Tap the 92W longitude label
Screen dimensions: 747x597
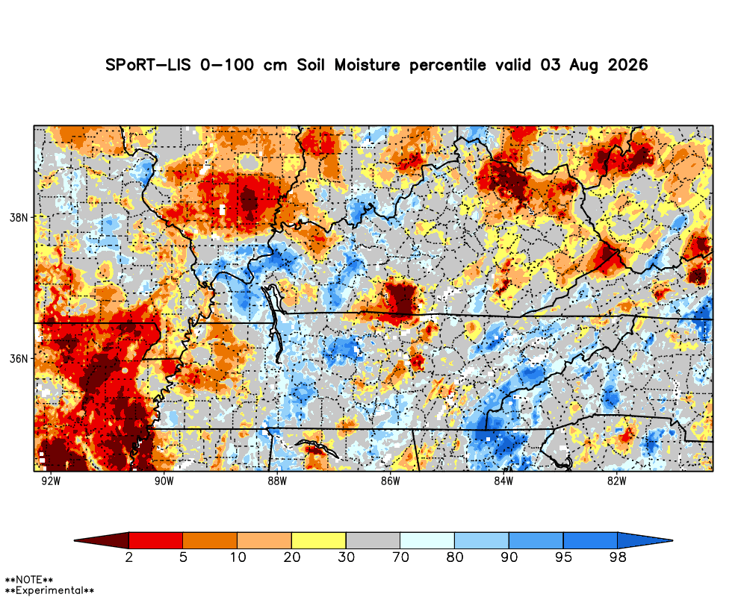(x=51, y=481)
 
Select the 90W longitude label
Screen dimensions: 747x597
(x=164, y=481)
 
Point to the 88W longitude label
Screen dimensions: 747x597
(x=277, y=481)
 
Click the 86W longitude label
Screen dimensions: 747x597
(x=390, y=481)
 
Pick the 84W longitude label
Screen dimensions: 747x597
(x=503, y=481)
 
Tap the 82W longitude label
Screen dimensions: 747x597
(x=616, y=481)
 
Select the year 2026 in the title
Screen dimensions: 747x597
(x=628, y=65)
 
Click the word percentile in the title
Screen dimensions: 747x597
(x=447, y=65)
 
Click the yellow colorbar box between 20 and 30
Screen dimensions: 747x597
(x=319, y=540)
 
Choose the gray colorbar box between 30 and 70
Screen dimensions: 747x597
(x=373, y=540)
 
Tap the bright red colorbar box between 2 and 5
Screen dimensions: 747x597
(x=156, y=540)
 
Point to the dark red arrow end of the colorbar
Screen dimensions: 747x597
(x=102, y=540)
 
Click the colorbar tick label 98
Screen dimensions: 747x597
(x=618, y=557)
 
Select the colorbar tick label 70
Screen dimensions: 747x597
(x=400, y=557)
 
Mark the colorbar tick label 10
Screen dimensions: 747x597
(x=238, y=557)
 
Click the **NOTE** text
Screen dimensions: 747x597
(x=28, y=580)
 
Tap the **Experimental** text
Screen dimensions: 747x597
(x=49, y=591)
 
